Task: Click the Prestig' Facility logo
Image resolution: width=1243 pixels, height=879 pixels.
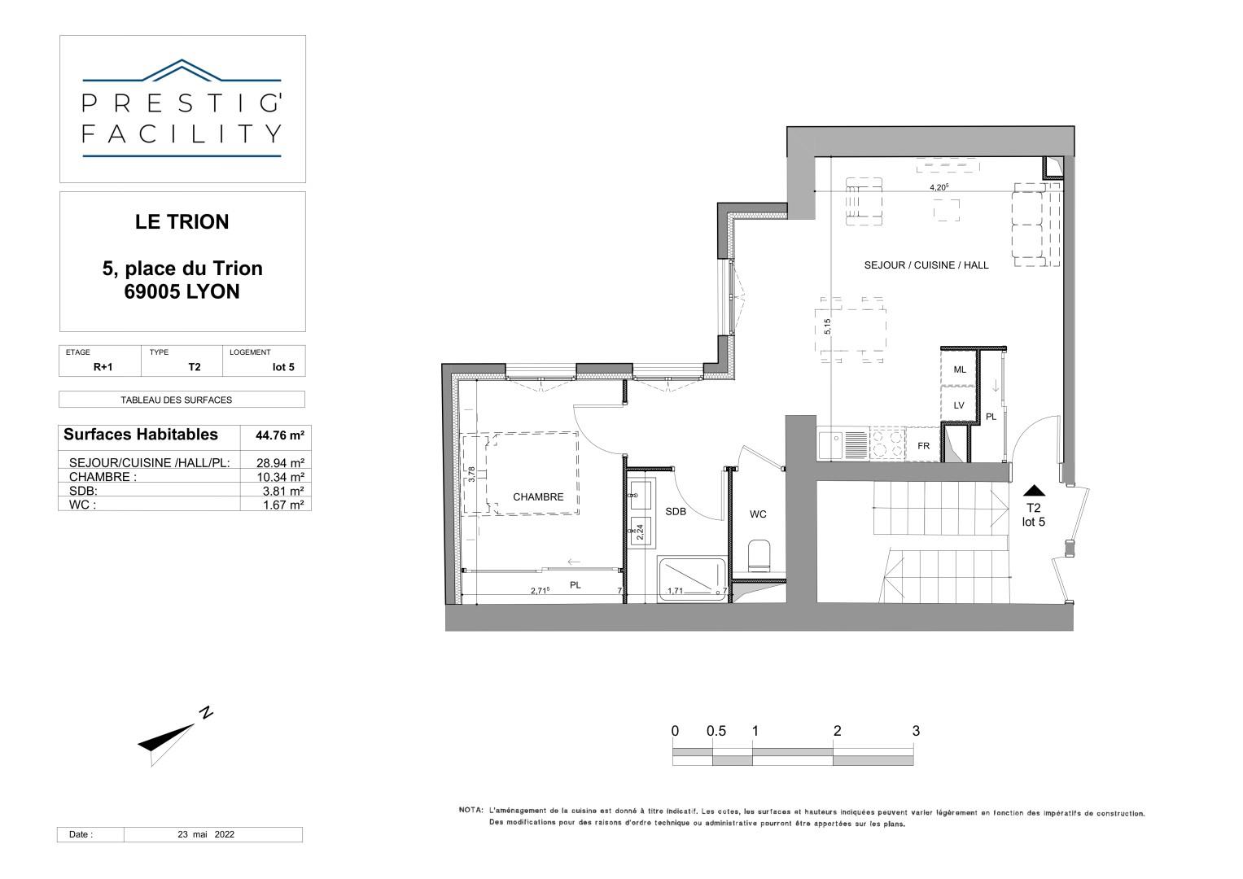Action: tap(182, 109)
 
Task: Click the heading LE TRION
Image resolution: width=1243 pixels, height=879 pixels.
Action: tap(182, 222)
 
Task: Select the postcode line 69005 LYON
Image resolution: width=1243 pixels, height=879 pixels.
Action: tap(182, 292)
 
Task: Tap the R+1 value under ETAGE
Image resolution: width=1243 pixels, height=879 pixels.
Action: tap(103, 367)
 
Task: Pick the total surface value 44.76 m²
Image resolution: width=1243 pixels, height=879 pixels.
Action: tap(280, 435)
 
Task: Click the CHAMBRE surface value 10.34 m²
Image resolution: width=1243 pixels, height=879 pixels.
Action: tap(280, 477)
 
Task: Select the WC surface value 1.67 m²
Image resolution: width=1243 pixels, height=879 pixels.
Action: tap(283, 505)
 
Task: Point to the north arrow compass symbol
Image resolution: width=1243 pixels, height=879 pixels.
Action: tap(175, 738)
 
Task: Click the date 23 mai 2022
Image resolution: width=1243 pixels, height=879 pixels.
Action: tap(206, 834)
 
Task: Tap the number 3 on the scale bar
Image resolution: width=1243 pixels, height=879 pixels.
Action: tap(916, 731)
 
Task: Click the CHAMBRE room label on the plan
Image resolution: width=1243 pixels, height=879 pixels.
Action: tap(538, 497)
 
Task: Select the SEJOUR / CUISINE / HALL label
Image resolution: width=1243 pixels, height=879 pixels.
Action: tap(926, 265)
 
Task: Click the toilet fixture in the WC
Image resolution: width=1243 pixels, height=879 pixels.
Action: tap(759, 555)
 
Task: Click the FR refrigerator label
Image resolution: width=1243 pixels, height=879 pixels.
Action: tap(923, 446)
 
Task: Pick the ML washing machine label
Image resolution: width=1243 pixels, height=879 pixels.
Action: tap(960, 370)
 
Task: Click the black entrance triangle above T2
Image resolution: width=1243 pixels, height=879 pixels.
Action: tap(1034, 491)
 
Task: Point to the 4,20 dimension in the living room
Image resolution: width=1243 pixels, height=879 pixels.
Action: tap(939, 187)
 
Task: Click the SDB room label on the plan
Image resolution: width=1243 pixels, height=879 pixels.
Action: tap(676, 512)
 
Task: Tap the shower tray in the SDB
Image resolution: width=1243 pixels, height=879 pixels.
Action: tap(692, 579)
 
